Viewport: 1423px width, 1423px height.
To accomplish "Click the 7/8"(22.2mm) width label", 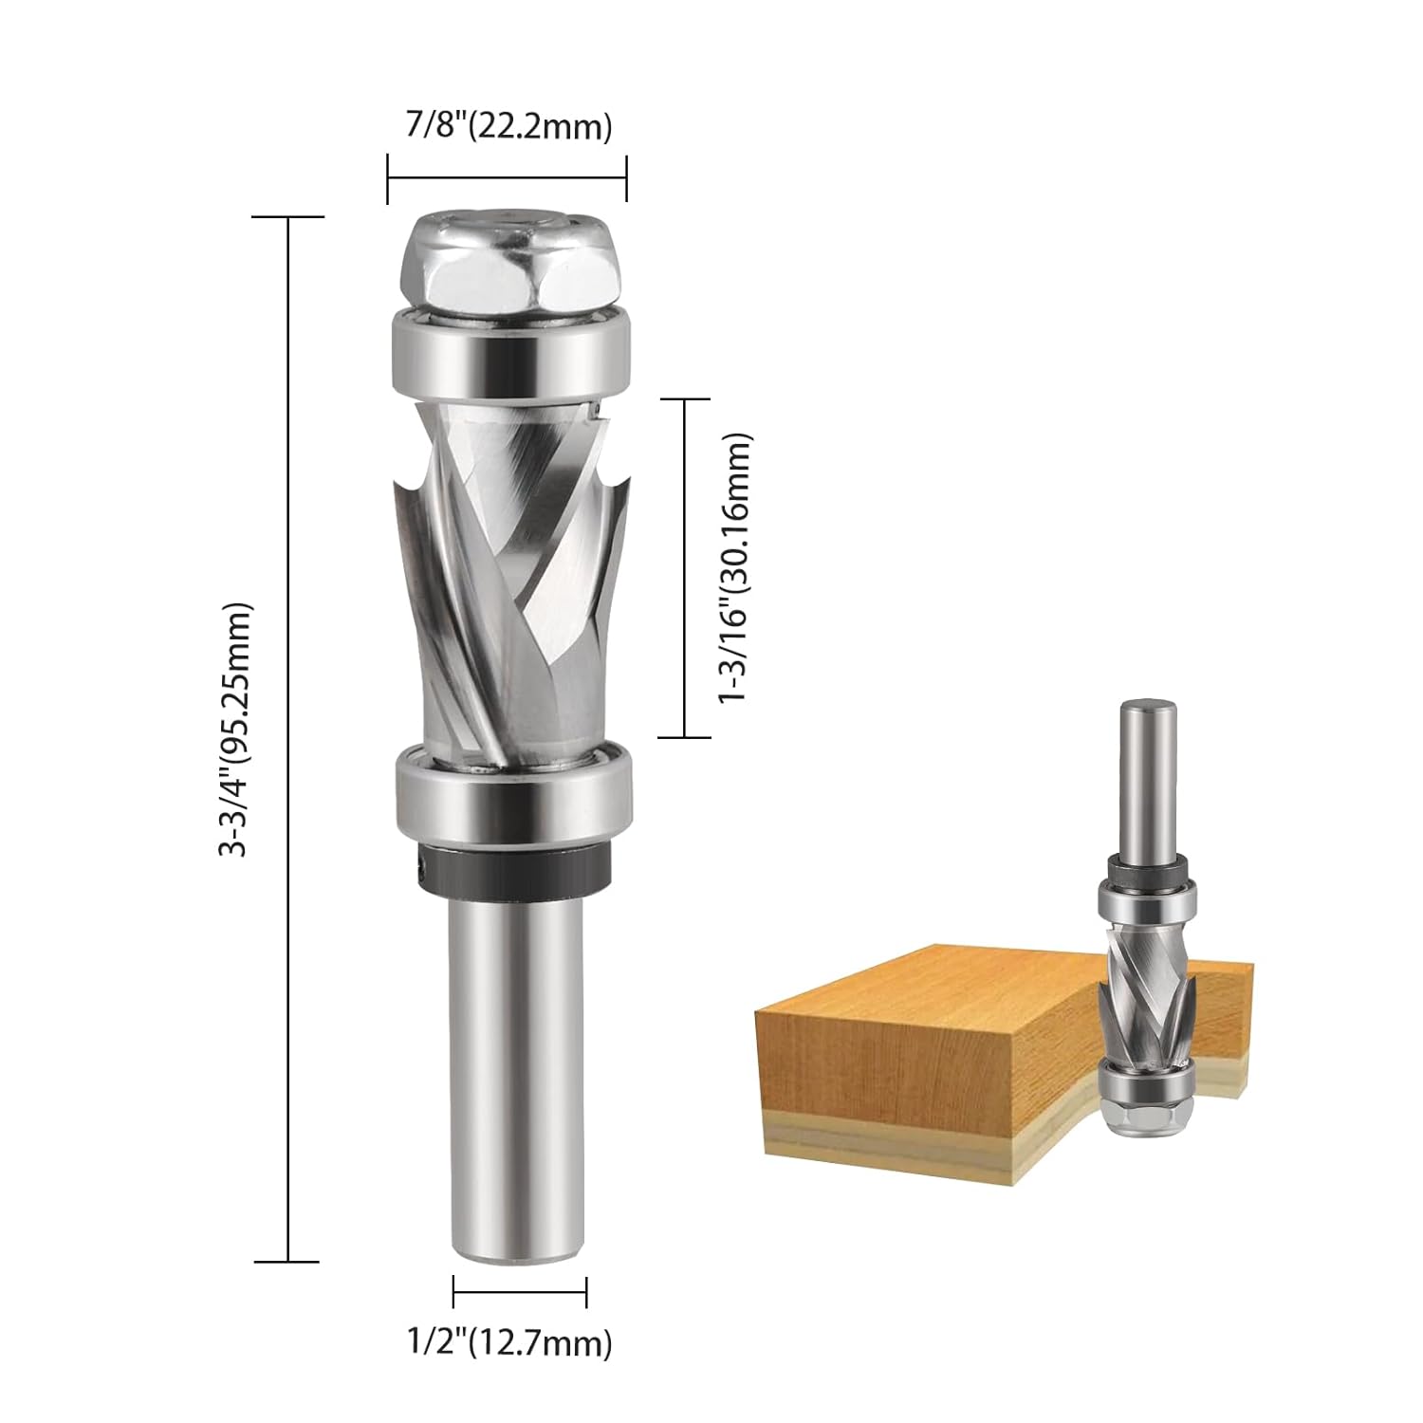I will [508, 126].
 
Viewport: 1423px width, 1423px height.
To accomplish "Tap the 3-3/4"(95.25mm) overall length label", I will [234, 730].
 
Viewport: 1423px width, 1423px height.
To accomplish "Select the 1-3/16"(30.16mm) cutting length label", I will [735, 568].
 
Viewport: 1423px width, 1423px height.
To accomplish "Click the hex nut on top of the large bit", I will [508, 270].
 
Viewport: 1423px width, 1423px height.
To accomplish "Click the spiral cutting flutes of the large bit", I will [510, 569].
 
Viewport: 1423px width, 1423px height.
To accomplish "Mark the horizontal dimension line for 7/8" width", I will [508, 177].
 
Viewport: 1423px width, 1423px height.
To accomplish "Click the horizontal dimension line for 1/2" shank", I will [520, 1291].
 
